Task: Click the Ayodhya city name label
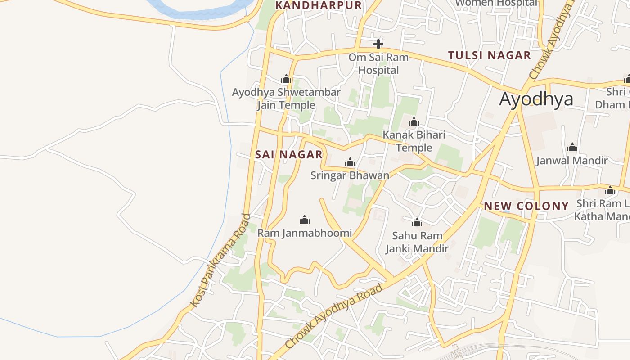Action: [x=536, y=99]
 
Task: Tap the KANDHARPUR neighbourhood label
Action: [x=318, y=5]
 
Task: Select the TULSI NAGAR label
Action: [x=489, y=55]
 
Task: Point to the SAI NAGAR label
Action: [x=289, y=154]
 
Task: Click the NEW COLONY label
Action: [x=526, y=206]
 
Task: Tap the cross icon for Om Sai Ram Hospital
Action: [x=378, y=44]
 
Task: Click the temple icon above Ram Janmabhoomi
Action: [x=305, y=220]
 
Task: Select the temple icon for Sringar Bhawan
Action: [x=350, y=162]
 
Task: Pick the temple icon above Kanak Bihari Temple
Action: [x=414, y=121]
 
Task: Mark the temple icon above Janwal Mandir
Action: [x=572, y=147]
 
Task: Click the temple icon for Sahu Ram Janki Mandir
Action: [x=417, y=222]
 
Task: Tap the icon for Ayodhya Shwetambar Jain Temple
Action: [x=286, y=79]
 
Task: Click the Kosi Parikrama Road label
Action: [x=220, y=261]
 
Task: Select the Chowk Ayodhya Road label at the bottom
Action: [x=334, y=316]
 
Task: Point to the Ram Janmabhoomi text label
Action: [x=305, y=233]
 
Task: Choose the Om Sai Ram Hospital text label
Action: [x=378, y=64]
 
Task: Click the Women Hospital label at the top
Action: [x=496, y=3]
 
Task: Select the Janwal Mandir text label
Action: [x=572, y=161]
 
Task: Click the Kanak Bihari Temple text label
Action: [x=414, y=141]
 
